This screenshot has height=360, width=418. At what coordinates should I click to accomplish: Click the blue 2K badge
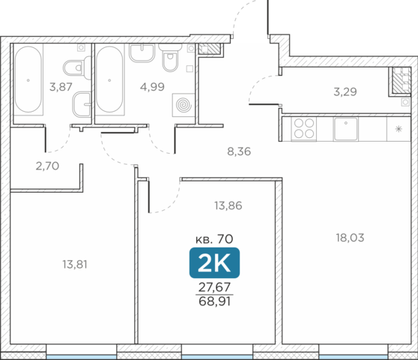[x=214, y=262]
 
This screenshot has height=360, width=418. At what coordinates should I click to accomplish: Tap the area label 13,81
[x=75, y=265]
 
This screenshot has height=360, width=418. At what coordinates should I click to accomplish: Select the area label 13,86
[x=228, y=205]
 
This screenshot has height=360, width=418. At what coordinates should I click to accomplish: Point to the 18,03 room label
[x=350, y=238]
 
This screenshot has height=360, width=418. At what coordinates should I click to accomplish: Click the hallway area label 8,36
[x=239, y=151]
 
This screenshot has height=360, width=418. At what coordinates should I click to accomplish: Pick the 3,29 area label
[x=345, y=91]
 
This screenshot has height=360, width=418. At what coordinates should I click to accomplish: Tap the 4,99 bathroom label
[x=152, y=87]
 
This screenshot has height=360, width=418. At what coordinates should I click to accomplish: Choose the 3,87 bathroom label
[x=61, y=87]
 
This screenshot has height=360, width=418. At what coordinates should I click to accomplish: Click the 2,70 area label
[x=47, y=166]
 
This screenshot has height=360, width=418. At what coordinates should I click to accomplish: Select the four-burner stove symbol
[x=304, y=129]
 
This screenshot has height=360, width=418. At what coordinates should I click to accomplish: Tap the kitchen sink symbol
[x=346, y=129]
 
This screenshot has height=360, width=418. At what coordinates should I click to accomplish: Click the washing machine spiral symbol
[x=184, y=105]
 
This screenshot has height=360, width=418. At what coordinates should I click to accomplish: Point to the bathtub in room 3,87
[x=28, y=79]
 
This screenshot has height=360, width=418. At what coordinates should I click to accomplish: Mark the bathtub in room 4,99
[x=109, y=79]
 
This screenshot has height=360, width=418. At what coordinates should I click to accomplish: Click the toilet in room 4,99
[x=169, y=58]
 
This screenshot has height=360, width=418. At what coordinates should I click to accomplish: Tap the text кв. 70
[x=214, y=238]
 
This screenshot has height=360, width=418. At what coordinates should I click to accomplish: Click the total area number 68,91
[x=214, y=301]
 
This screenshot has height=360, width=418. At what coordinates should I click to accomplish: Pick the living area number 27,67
[x=214, y=287]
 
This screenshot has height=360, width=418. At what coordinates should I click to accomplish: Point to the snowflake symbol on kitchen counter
[x=399, y=129]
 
